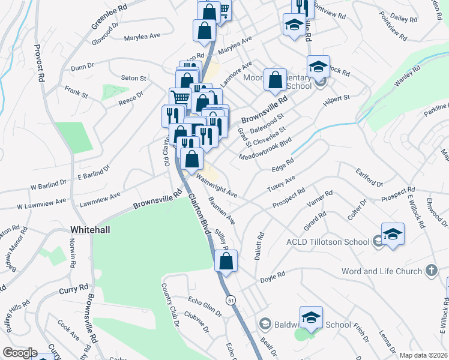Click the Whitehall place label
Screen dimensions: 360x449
(x=90, y=230)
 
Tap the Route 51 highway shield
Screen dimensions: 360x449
(x=231, y=299)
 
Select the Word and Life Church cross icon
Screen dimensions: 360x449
(x=431, y=271)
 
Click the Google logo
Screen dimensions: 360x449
(x=20, y=353)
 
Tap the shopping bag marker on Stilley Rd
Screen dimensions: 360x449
(x=226, y=262)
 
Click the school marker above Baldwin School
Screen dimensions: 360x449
(x=311, y=319)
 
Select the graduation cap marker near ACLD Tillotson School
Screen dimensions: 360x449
(x=393, y=234)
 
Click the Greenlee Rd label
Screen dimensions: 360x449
(x=110, y=18)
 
